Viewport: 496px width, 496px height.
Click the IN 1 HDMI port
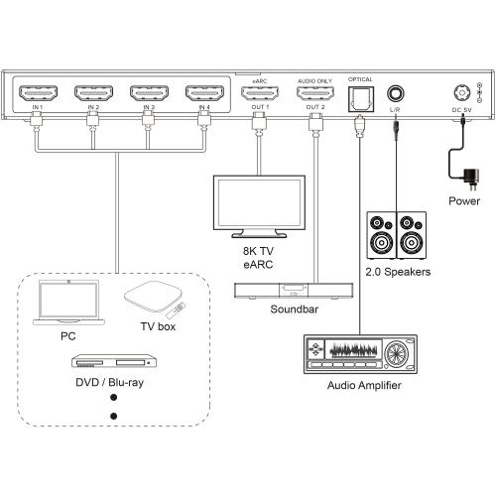37,95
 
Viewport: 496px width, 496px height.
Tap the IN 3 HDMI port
148,95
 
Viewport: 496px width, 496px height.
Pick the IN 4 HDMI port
203,95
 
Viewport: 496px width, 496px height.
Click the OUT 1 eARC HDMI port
258,95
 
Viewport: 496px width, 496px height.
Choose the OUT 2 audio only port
314,95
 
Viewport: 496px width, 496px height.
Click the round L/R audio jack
395,92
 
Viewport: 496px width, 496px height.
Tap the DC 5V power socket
460,91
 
